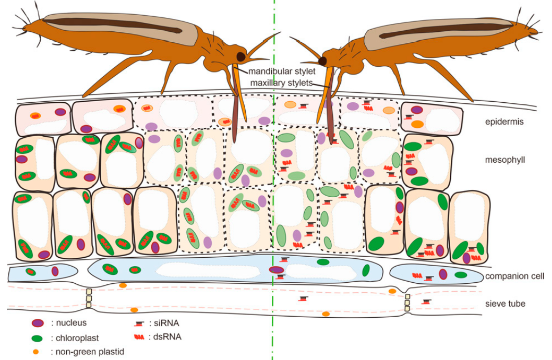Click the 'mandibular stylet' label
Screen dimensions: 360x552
pos(282,71)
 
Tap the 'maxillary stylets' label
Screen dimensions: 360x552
pos(282,83)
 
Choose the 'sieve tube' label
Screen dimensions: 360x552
pos(506,303)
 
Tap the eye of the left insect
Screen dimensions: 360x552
pos(242,56)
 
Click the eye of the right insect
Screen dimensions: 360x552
pos(323,61)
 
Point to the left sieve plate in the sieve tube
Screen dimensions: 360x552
pos(89,298)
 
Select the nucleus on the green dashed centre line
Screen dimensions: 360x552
pos(277,270)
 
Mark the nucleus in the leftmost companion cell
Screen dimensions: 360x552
pos(55,271)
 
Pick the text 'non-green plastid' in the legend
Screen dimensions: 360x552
pos(88,351)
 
